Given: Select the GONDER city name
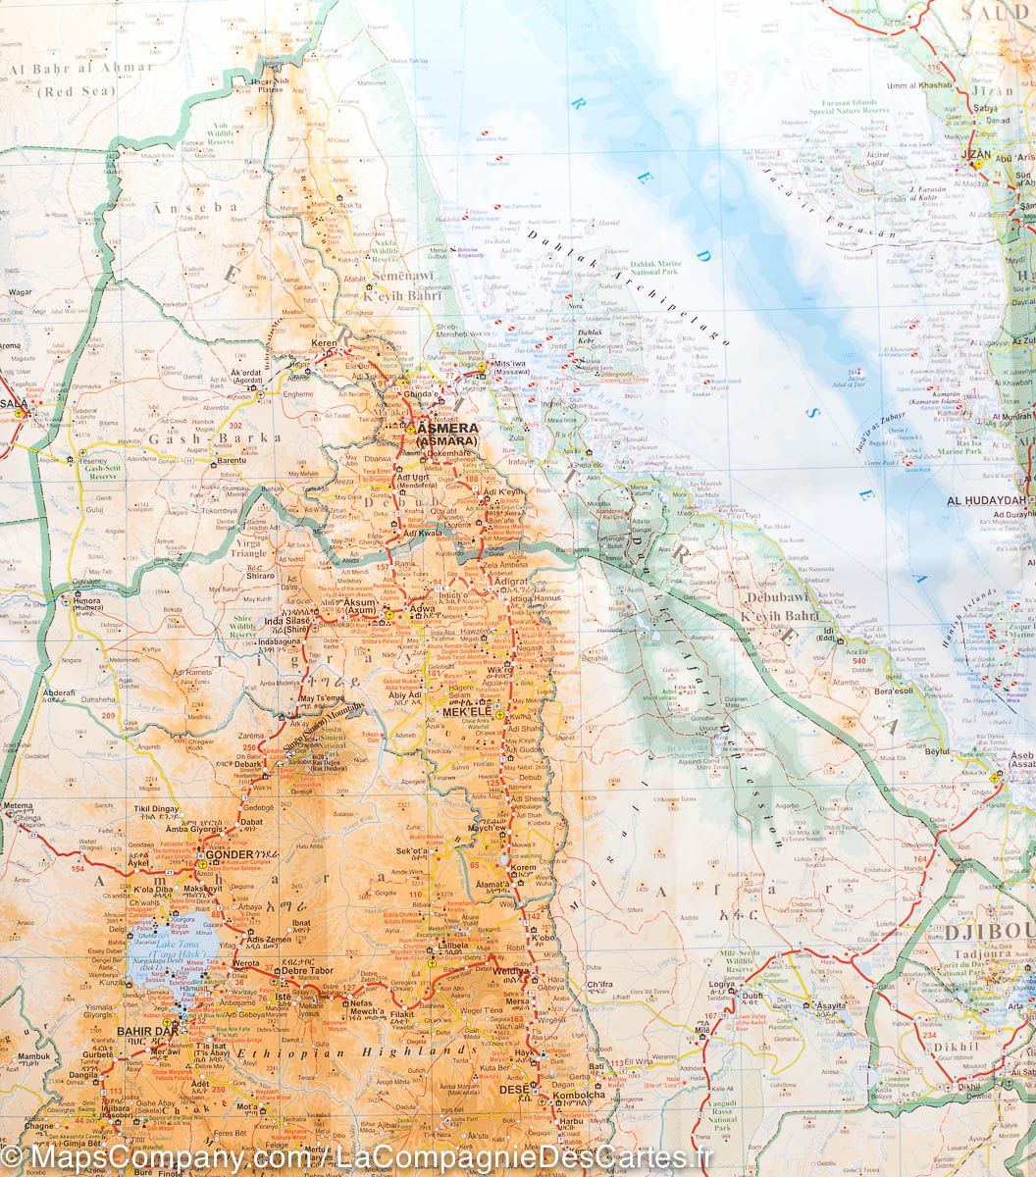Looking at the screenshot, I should pyautogui.click(x=230, y=854).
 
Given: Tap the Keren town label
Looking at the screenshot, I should pyautogui.click(x=324, y=344).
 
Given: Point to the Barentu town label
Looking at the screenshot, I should pyautogui.click(x=231, y=459).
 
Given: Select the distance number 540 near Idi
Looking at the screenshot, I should pyautogui.click(x=859, y=660).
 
